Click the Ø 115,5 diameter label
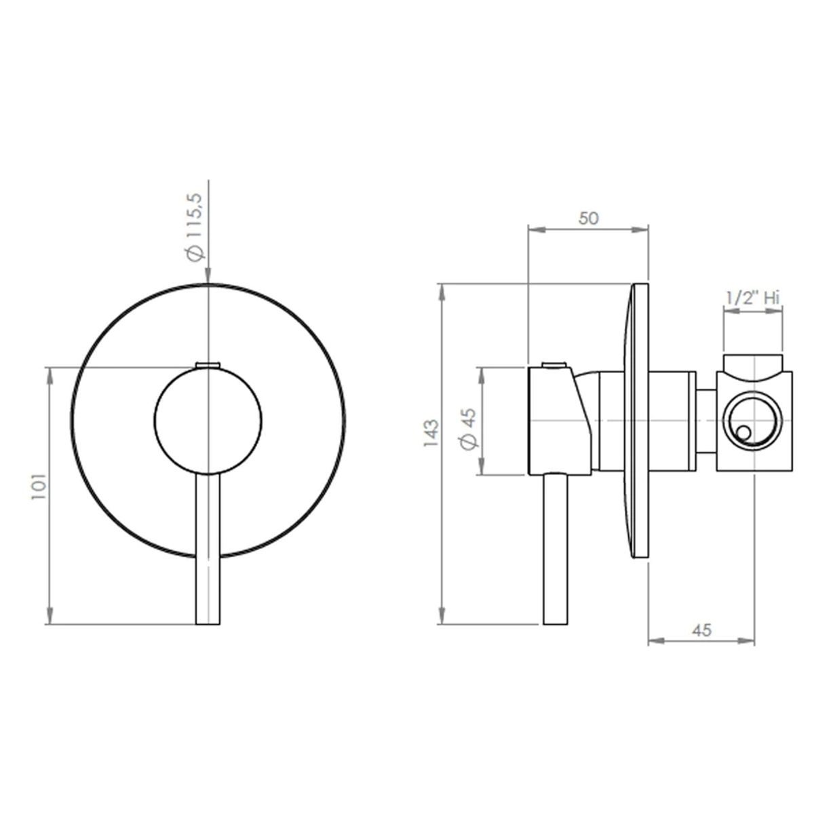point(195,227)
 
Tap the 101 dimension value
point(39,486)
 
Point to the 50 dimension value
point(588,218)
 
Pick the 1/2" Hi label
point(752,298)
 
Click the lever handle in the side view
point(556,549)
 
